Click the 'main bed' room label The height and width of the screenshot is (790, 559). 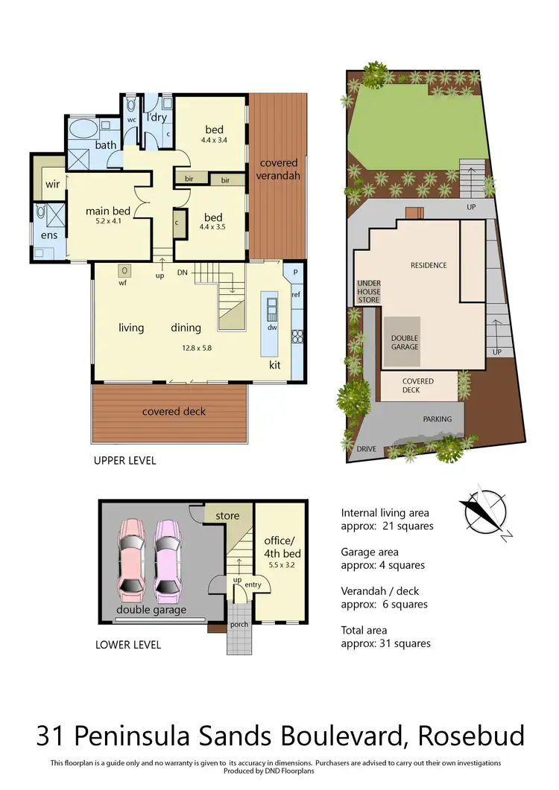click(x=108, y=211)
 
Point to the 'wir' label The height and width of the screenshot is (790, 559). click(x=52, y=183)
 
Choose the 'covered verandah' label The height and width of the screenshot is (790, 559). click(x=277, y=169)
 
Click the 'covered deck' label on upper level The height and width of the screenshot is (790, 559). click(x=174, y=411)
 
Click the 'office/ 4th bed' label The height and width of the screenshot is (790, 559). click(x=282, y=547)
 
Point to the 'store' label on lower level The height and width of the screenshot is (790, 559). click(x=227, y=515)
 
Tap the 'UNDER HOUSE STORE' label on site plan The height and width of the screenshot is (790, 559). click(x=369, y=291)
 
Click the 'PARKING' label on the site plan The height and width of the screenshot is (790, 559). click(x=437, y=419)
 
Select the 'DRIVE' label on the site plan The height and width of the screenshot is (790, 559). click(x=366, y=449)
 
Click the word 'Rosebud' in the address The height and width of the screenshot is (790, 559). click(x=471, y=736)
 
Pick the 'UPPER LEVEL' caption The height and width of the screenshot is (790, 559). click(x=124, y=461)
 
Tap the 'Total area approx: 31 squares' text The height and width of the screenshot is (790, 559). click(x=385, y=636)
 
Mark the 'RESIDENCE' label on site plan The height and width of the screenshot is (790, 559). click(x=429, y=265)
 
